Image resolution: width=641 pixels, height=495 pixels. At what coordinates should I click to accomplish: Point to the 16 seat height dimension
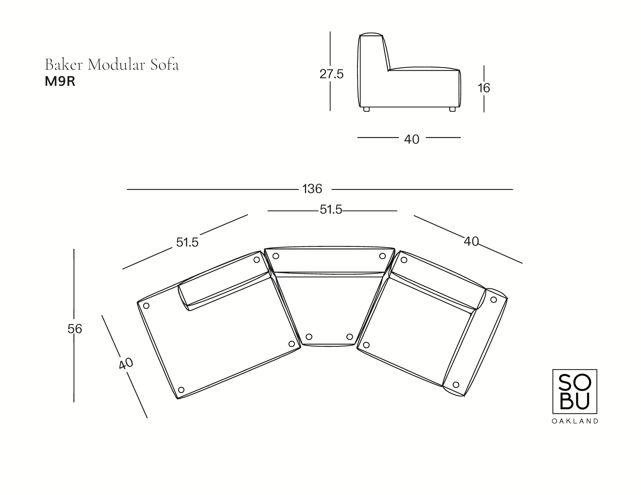tap(484, 88)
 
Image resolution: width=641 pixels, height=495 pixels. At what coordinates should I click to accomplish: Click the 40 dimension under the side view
tap(411, 140)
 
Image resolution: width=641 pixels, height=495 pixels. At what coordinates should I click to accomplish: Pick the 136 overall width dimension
tap(312, 189)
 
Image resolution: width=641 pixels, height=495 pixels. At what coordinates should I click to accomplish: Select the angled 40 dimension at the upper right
tap(471, 241)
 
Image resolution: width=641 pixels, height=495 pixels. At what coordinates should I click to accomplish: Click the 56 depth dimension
tap(75, 329)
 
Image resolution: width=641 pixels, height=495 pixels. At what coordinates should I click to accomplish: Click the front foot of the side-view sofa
tap(452, 109)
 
